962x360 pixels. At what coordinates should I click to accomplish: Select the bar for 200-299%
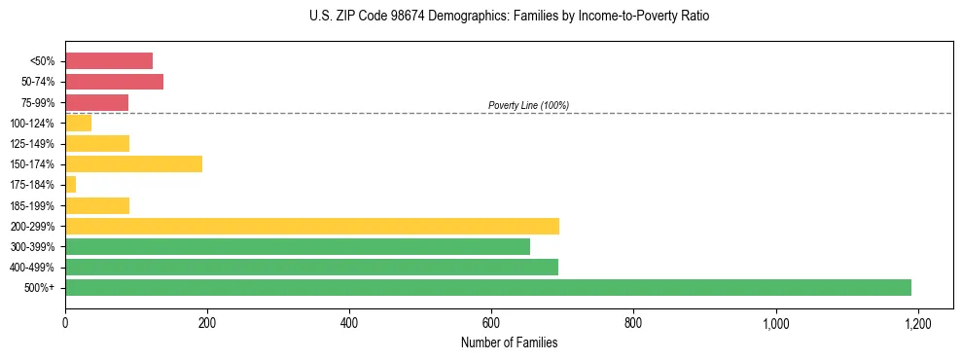[x=312, y=226]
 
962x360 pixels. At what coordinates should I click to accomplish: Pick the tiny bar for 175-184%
[x=70, y=184]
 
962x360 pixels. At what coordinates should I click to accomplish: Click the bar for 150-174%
[x=133, y=163]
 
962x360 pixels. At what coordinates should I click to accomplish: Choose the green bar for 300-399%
[x=298, y=246]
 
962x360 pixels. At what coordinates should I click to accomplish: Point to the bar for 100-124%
[x=78, y=123]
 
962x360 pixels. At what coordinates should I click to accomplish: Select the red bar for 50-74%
[x=114, y=81]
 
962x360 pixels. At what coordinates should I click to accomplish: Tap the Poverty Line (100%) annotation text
[x=528, y=105]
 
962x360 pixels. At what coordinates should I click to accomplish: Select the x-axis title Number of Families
[x=509, y=342]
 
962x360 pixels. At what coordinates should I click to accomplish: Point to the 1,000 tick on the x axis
[x=776, y=322]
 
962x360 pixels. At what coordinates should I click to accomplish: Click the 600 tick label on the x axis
[x=491, y=322]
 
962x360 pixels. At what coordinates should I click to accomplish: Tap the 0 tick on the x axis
[x=65, y=322]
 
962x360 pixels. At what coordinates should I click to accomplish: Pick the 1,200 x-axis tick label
[x=917, y=322]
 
